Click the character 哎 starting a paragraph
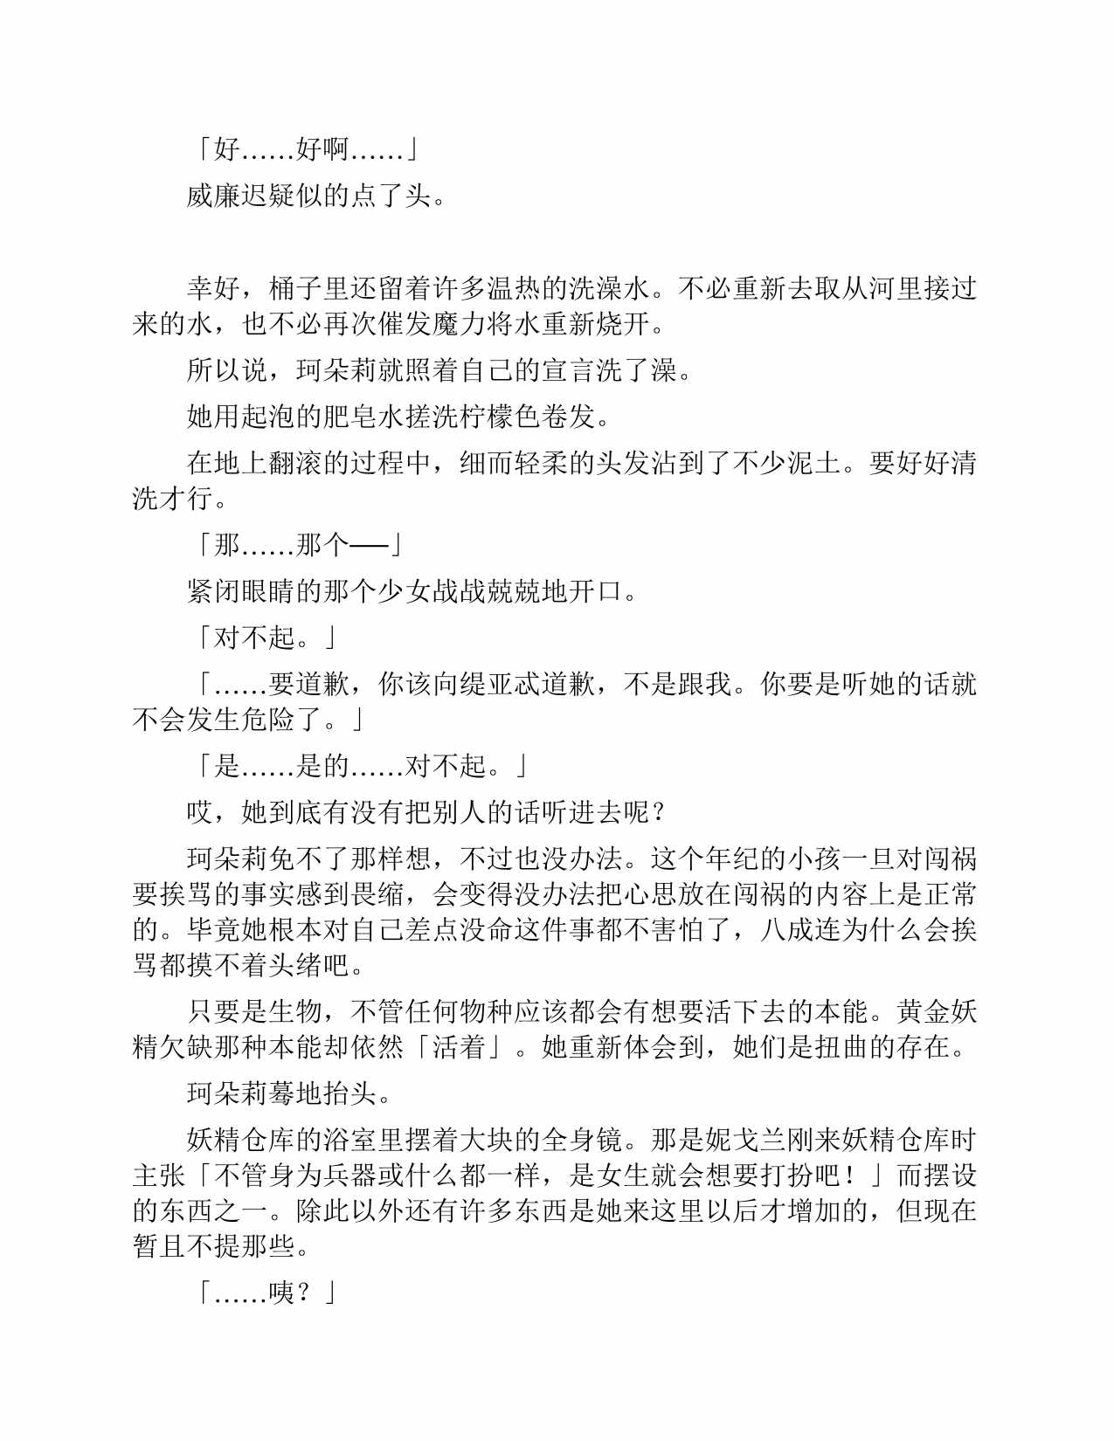coord(200,812)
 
